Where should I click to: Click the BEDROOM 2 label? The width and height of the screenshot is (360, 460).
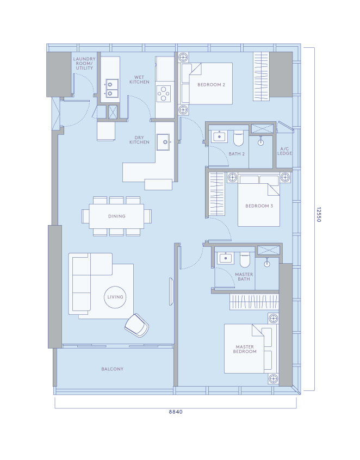coord(211,85)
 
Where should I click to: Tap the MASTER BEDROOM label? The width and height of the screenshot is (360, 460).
coord(245,349)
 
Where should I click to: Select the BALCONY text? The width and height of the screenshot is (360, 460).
coord(113,369)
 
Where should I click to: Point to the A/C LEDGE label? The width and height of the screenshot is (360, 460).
coord(284,151)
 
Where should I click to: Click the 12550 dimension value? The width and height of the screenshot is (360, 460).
coord(319,215)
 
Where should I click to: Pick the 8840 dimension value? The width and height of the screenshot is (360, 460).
coord(176,412)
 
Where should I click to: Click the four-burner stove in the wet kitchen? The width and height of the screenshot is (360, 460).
coord(164,94)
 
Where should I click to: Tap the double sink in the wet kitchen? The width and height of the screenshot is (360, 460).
coord(111,88)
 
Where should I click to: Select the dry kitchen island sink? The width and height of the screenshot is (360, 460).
coord(164,142)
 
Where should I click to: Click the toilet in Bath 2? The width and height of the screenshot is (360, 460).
coord(238,139)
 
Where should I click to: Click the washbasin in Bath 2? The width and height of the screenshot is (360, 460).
coord(220,136)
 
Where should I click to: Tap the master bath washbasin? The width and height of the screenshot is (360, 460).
coord(225,258)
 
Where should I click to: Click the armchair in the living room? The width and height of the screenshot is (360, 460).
coord(136,325)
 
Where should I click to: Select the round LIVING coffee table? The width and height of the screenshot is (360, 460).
coord(115,297)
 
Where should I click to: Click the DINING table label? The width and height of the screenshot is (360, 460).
coord(117,216)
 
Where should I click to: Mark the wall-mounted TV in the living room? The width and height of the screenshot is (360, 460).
coord(171,291)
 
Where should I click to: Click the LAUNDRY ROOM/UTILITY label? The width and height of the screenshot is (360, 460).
coord(84,64)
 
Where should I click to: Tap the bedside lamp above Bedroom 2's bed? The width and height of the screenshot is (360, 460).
coord(183,57)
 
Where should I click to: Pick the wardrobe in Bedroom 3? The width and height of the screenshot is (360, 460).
coord(216,194)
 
